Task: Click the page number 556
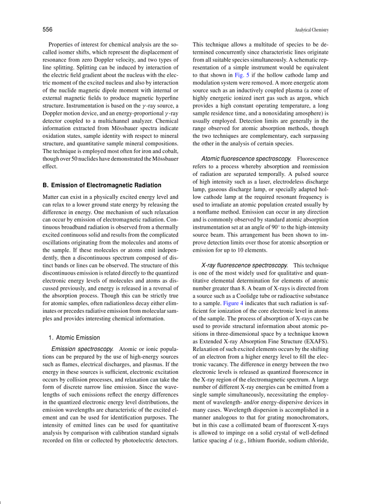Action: coord(48,30)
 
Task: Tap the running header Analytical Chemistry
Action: coord(312,30)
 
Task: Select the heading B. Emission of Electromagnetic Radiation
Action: coord(102,185)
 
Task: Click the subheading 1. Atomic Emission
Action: coord(74,337)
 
